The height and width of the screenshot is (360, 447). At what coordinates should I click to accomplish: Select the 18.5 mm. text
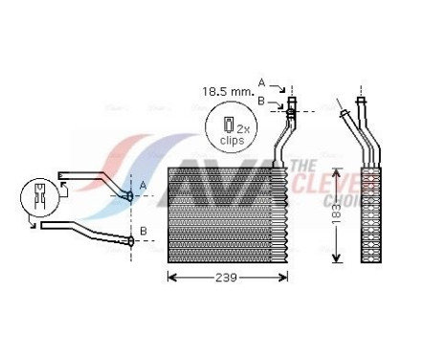(228, 92)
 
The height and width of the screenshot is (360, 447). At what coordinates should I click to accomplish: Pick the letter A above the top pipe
(261, 81)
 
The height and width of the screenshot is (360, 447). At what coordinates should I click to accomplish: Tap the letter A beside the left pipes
(144, 184)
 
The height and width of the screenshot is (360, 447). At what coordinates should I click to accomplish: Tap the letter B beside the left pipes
(144, 231)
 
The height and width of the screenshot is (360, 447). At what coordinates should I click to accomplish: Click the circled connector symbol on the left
(40, 201)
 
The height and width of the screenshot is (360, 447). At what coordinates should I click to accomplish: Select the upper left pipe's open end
(61, 174)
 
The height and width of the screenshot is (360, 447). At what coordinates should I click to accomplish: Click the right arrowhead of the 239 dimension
(285, 278)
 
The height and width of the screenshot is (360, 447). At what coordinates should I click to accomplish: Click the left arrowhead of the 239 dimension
(171, 278)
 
